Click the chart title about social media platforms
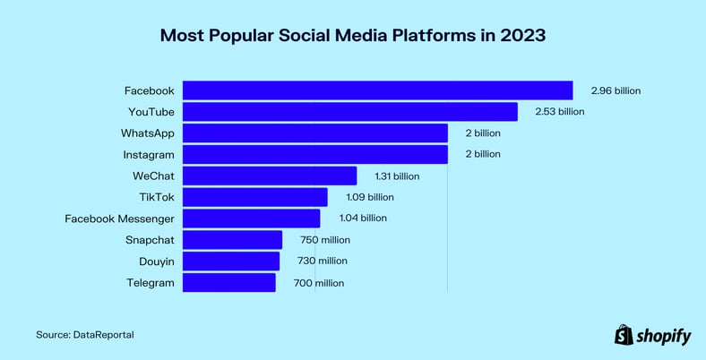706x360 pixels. tap(352, 37)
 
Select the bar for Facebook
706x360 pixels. tap(377, 90)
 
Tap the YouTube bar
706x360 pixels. tap(349, 112)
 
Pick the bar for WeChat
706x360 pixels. tap(270, 176)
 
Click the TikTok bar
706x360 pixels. tap(254, 197)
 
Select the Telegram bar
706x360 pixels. tap(228, 283)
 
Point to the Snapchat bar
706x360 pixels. tap(232, 240)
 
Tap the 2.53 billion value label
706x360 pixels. tap(559, 112)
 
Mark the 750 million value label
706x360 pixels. tap(323, 240)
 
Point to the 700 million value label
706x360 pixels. tap(318, 283)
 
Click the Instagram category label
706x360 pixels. tap(148, 154)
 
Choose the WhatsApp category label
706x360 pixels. tap(147, 133)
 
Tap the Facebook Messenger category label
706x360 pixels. tap(120, 219)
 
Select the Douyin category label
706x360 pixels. tap(154, 261)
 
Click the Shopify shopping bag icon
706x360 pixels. tap(624, 334)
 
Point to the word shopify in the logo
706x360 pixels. tap(664, 336)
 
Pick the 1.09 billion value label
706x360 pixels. tap(369, 197)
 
